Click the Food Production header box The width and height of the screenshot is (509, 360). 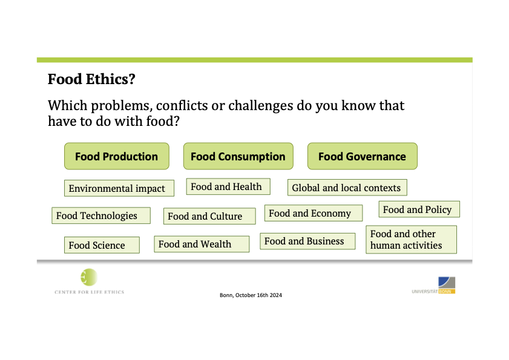tap(117, 156)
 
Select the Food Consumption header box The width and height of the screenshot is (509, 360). tap(238, 156)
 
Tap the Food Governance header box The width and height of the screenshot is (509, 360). tap(363, 156)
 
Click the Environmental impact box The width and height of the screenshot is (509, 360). tap(119, 188)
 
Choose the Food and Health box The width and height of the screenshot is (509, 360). tap(228, 186)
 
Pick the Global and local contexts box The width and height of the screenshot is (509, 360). tap(347, 188)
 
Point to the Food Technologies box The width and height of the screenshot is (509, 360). tap(101, 215)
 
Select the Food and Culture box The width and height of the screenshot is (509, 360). tap(209, 216)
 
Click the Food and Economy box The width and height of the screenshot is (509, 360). tap(314, 213)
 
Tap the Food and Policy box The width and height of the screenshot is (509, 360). tap(419, 209)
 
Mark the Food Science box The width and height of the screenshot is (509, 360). tap(102, 245)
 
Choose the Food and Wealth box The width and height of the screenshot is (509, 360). tap(202, 244)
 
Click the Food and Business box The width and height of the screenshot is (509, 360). tap(307, 241)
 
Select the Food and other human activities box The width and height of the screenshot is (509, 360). tap(412, 240)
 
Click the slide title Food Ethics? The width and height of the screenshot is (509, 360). tap(91, 79)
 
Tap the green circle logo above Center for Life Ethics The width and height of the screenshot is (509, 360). tap(89, 277)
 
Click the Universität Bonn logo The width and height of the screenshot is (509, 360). tap(433, 286)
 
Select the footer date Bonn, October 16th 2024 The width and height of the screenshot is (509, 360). tap(251, 295)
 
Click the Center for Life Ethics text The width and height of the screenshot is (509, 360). tap(89, 292)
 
